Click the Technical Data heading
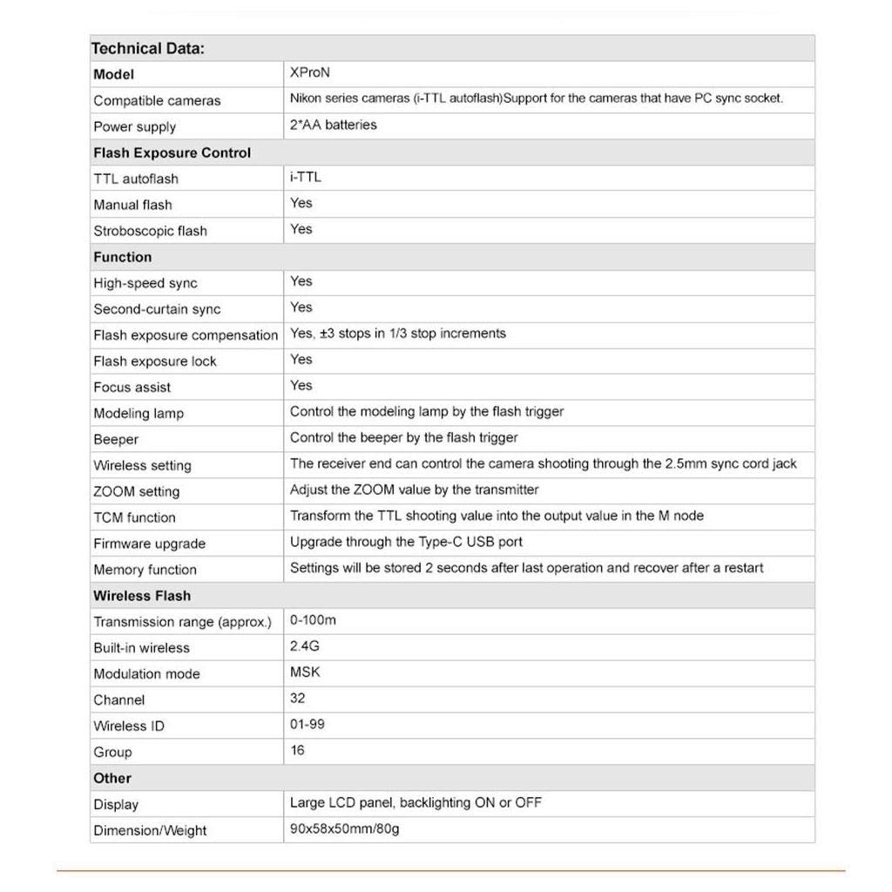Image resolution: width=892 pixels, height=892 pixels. [148, 49]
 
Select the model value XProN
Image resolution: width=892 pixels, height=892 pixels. [309, 73]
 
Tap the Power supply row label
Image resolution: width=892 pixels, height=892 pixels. [134, 126]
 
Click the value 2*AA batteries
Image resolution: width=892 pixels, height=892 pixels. [333, 125]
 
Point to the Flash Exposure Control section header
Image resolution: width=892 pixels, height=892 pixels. [172, 152]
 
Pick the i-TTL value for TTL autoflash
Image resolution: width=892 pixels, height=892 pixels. [305, 177]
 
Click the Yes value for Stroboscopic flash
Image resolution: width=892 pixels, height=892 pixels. [301, 229]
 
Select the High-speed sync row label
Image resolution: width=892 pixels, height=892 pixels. [145, 283]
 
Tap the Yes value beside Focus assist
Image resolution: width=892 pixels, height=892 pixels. [301, 385]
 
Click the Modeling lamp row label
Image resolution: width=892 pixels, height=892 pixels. [139, 413]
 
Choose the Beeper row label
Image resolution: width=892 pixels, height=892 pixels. [116, 439]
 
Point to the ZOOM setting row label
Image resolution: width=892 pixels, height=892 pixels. [136, 491]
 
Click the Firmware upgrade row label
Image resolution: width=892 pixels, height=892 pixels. [149, 544]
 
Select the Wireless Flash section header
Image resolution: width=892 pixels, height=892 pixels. [142, 596]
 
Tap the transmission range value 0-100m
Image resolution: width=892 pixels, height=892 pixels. [313, 620]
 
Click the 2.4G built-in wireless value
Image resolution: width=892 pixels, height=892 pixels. [304, 646]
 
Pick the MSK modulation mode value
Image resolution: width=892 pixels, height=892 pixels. [305, 672]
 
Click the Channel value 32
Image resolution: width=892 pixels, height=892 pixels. [298, 699]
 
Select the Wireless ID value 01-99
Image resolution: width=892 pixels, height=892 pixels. [307, 725]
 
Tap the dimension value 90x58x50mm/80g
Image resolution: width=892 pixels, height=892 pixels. [344, 829]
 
